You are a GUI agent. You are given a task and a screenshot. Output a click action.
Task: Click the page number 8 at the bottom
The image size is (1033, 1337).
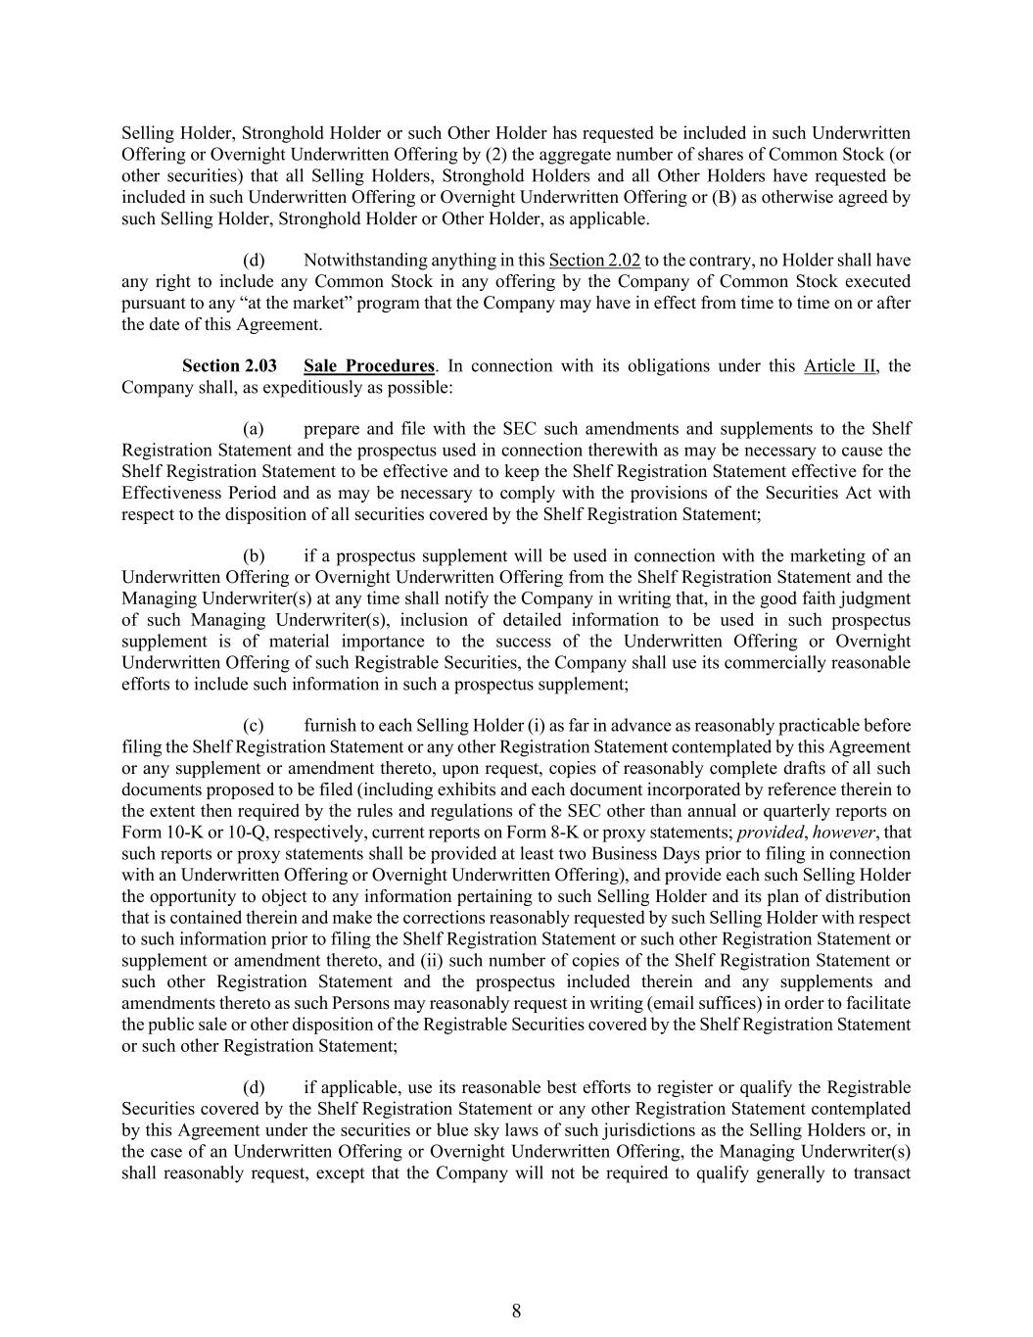[x=516, y=1312]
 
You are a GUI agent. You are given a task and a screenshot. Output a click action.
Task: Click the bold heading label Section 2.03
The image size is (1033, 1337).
[x=229, y=366]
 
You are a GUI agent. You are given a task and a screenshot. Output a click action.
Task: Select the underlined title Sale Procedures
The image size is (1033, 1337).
[x=368, y=366]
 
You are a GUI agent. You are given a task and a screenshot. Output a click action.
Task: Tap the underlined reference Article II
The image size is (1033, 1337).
[x=840, y=366]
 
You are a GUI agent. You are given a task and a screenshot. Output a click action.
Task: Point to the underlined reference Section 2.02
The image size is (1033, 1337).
[x=594, y=261]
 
